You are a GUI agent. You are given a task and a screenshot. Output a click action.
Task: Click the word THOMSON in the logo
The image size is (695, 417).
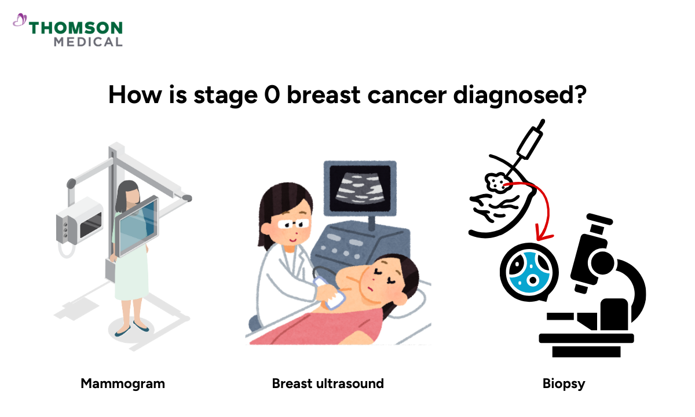pos(76,28)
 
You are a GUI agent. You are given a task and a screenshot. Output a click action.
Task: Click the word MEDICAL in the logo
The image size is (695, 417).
pos(88,42)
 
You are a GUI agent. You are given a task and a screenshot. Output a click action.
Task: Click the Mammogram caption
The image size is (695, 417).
pos(123,383)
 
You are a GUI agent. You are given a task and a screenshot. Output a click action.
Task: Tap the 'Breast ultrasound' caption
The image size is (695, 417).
pos(328,383)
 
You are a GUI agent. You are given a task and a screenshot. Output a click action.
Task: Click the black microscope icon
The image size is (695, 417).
pos(597,290)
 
